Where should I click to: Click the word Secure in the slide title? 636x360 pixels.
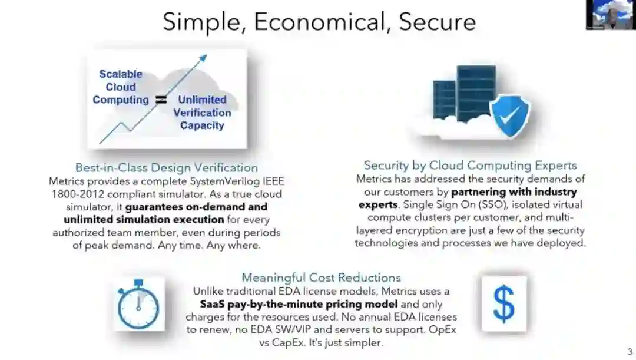437,22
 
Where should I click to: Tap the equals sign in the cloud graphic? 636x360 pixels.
161,100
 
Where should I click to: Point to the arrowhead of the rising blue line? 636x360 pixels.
203,58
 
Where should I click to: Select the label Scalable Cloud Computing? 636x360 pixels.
121,87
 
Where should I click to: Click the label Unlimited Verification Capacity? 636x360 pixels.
202,113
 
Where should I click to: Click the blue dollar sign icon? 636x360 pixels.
503,303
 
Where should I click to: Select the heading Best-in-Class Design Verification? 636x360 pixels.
166,168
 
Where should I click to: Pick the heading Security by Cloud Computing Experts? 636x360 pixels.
470,166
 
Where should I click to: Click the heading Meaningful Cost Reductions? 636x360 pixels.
321,278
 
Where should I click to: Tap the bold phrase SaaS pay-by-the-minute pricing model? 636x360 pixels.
299,304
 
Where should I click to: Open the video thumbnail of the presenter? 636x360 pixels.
610,15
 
